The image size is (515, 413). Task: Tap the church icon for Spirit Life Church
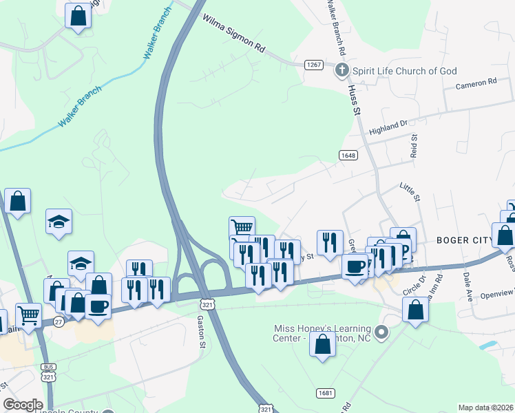[341, 71]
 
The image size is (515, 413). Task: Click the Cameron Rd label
[476, 83]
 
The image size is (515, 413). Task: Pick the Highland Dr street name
[388, 127]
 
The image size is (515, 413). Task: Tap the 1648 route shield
[348, 156]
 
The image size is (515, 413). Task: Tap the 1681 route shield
[326, 392]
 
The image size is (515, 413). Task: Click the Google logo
[23, 405]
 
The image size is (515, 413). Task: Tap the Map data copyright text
[485, 407]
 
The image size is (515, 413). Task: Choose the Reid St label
[414, 149]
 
